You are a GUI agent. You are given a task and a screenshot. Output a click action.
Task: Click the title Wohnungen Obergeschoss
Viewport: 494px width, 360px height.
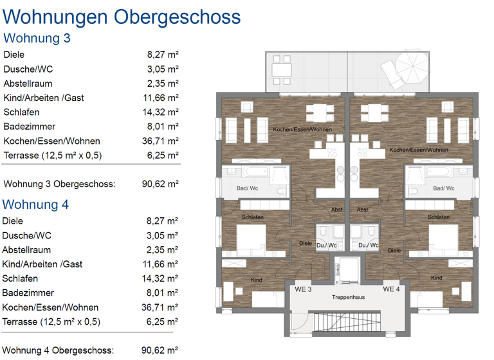tap(122, 16)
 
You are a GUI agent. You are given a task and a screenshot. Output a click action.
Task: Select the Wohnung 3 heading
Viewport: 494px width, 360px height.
tap(37, 38)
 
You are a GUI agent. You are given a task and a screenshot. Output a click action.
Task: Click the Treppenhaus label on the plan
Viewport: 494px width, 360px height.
tap(348, 298)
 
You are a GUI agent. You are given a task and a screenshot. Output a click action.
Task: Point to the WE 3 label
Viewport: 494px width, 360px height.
tap(303, 289)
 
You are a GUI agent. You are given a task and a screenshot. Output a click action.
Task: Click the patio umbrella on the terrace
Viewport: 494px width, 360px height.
tap(410, 65)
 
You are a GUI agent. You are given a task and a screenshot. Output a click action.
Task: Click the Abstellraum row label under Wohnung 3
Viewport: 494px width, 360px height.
tap(28, 84)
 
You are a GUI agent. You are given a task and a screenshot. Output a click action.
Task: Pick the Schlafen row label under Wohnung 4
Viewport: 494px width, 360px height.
tap(21, 278)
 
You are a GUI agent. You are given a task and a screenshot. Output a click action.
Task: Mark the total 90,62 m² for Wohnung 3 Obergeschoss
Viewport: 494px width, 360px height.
tap(160, 184)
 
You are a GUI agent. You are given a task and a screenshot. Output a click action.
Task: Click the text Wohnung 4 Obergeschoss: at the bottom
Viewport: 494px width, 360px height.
tap(59, 350)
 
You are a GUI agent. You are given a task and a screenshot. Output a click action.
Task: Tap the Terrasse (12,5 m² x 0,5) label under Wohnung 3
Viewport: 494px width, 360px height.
tap(52, 156)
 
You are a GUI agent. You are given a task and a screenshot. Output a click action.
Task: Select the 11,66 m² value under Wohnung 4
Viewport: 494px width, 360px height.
tap(161, 264)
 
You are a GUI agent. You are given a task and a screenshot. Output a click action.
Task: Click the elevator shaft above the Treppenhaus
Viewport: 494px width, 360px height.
tap(348, 269)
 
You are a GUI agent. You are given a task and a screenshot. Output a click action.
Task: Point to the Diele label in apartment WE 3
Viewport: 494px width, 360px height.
tap(306, 243)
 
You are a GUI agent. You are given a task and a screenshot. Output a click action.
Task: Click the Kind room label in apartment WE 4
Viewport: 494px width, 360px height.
tap(436, 278)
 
